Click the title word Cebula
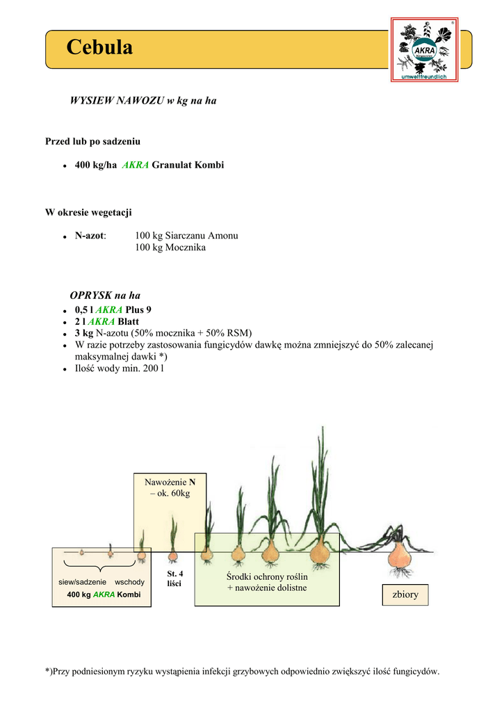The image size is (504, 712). click(99, 47)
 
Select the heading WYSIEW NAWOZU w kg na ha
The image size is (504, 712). click(143, 101)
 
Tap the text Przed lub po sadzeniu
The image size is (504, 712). click(92, 141)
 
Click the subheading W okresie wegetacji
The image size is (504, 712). click(88, 212)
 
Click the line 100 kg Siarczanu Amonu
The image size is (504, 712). click(186, 236)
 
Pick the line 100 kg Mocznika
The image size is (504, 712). click(170, 247)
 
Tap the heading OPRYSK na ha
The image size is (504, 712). click(105, 296)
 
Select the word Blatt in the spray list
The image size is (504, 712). click(128, 321)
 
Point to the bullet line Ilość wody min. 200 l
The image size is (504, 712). click(120, 368)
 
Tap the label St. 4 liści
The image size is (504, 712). click(174, 578)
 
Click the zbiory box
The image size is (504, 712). click(405, 594)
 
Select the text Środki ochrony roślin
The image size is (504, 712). click(267, 577)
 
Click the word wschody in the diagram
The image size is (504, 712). click(129, 581)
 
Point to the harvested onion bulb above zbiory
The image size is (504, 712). click(400, 554)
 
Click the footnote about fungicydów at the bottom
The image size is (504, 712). click(243, 671)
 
